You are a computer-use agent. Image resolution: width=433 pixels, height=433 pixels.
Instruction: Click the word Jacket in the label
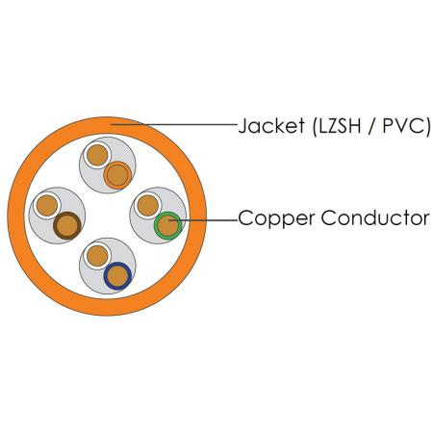tap(271, 125)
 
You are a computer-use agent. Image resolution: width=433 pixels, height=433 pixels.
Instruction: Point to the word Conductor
tap(375, 217)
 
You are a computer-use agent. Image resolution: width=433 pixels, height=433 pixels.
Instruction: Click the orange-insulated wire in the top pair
tap(117, 175)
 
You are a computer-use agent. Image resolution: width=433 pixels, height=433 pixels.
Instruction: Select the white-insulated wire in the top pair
tap(97, 155)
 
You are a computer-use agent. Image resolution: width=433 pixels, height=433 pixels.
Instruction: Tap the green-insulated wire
tap(167, 225)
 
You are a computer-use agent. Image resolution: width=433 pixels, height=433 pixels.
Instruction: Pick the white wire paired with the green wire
tap(147, 205)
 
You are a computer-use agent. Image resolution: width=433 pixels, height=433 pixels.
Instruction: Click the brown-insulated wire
tap(67, 225)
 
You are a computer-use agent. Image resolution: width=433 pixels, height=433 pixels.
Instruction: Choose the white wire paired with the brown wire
tap(47, 205)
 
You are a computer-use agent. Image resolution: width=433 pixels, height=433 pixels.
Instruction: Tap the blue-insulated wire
tap(117, 276)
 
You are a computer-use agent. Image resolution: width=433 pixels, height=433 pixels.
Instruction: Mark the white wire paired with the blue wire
tap(97, 256)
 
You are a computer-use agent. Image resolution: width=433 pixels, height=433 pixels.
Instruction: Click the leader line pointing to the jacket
tap(173, 124)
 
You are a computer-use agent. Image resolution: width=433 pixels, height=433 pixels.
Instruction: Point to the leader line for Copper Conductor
tap(203, 220)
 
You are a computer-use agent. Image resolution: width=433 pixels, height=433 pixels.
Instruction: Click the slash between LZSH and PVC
tap(372, 126)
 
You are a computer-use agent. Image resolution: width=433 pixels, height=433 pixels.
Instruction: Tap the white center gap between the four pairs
tap(108, 216)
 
